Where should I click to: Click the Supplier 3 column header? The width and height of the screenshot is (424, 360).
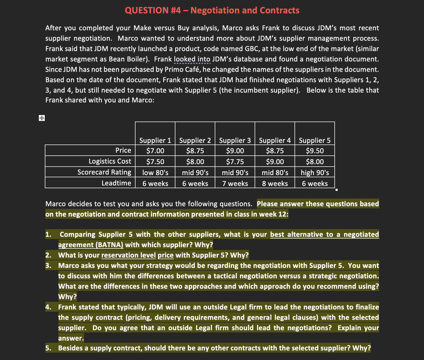point(235,140)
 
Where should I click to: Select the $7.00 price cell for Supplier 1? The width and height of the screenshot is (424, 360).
point(155,151)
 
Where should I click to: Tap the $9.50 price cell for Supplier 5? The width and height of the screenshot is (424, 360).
point(315,151)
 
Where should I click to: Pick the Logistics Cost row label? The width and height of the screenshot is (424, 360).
point(110,161)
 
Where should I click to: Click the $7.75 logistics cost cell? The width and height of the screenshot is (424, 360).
point(235,161)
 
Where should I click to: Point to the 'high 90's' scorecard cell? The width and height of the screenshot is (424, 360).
point(315,172)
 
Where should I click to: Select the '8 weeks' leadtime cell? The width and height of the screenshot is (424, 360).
point(275,183)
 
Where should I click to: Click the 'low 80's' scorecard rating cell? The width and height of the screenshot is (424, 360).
point(155,172)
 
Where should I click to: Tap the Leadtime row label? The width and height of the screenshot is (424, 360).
point(116,183)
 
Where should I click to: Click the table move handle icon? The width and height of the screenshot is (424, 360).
point(42,118)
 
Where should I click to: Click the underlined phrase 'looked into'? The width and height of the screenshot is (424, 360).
point(192,59)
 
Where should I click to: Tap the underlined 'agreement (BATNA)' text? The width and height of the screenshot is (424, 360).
point(91,245)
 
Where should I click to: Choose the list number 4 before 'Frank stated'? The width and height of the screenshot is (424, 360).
point(48,307)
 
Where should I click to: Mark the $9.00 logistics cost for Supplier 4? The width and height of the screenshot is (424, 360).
point(275,161)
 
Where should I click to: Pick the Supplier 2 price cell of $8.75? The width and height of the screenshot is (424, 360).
point(195,151)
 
